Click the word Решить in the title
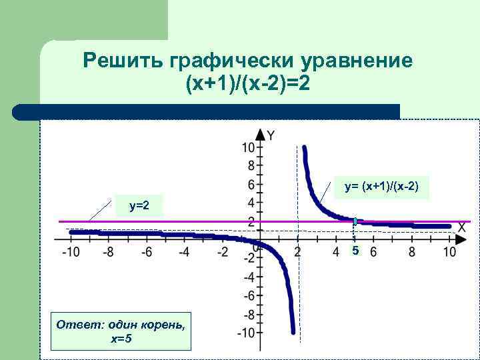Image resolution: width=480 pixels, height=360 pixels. point(125,61)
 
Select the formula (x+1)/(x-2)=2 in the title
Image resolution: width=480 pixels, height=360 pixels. point(249,85)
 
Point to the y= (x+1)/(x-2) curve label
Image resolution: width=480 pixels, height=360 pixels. point(381,187)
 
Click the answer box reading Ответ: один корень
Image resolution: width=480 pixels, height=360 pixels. point(120,331)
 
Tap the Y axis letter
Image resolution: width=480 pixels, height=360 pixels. point(271,135)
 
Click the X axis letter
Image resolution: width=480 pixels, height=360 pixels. point(461,227)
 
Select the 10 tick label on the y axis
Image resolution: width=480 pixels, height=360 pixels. point(248,147)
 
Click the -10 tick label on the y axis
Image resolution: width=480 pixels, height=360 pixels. point(246,333)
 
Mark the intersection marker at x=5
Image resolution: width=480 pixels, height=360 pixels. point(355,221)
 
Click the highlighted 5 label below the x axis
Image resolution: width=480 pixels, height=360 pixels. point(355,251)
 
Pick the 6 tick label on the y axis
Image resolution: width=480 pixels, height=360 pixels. point(251,184)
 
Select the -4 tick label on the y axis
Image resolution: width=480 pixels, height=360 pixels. point(249,277)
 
